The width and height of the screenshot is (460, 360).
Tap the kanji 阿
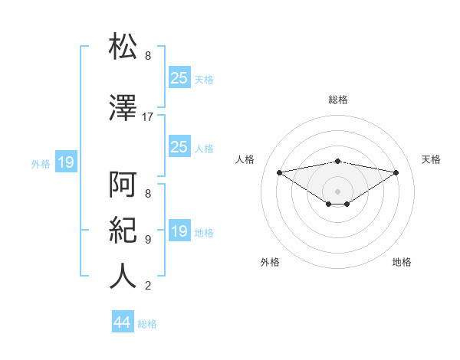click(123, 184)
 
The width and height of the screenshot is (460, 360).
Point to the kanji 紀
click(123, 230)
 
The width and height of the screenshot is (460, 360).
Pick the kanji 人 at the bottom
click(123, 276)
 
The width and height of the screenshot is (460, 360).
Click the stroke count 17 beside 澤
click(148, 117)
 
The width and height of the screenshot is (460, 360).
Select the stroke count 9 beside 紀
click(148, 240)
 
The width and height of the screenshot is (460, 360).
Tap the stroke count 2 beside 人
click(148, 286)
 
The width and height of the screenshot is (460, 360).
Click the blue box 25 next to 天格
click(179, 77)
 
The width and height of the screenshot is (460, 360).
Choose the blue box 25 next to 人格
click(179, 147)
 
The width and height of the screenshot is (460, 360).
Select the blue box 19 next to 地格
click(179, 231)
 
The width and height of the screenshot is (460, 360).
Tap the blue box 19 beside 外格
click(65, 162)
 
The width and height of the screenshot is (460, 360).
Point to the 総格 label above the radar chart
click(337, 100)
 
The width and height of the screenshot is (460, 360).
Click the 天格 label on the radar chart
click(431, 159)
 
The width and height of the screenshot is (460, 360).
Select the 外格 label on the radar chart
click(270, 262)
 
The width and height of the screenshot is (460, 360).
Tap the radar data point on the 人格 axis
click(279, 172)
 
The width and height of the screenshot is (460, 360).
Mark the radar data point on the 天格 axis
click(396, 172)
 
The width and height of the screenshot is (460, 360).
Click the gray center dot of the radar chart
click(337, 191)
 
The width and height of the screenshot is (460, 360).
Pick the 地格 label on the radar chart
click(402, 262)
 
